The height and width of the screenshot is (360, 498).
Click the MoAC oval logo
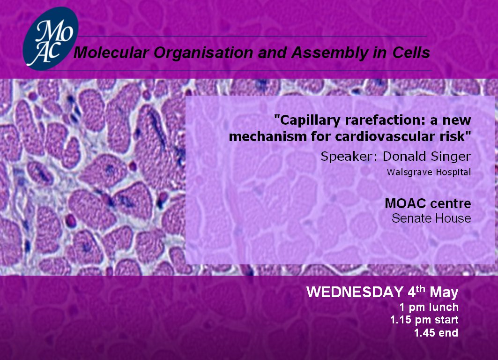(51, 38)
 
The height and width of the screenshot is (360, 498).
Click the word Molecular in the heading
(111, 53)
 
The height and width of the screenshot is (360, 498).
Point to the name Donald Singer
(427, 157)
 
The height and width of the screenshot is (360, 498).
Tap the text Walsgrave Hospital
(429, 172)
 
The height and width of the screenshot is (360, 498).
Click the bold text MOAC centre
(428, 203)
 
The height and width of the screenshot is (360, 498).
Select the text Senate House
(431, 218)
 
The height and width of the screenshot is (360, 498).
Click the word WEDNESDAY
(355, 292)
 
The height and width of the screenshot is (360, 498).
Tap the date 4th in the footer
(416, 291)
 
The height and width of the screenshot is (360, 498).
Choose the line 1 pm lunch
(429, 307)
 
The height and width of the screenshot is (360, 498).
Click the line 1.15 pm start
(424, 320)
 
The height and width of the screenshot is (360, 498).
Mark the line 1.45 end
(436, 333)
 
